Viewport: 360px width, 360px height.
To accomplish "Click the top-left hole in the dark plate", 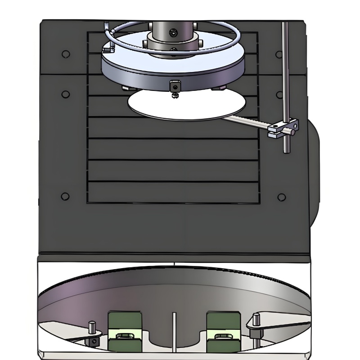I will tap(66, 54).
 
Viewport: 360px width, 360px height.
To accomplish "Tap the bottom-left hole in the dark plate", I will tap(65, 197).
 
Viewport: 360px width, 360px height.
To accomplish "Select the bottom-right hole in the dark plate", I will tap(282, 197).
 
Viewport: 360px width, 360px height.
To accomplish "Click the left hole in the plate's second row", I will tap(66, 94).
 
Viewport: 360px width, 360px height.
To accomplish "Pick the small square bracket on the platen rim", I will tap(174, 85).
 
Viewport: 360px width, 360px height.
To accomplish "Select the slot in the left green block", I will tap(125, 336).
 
